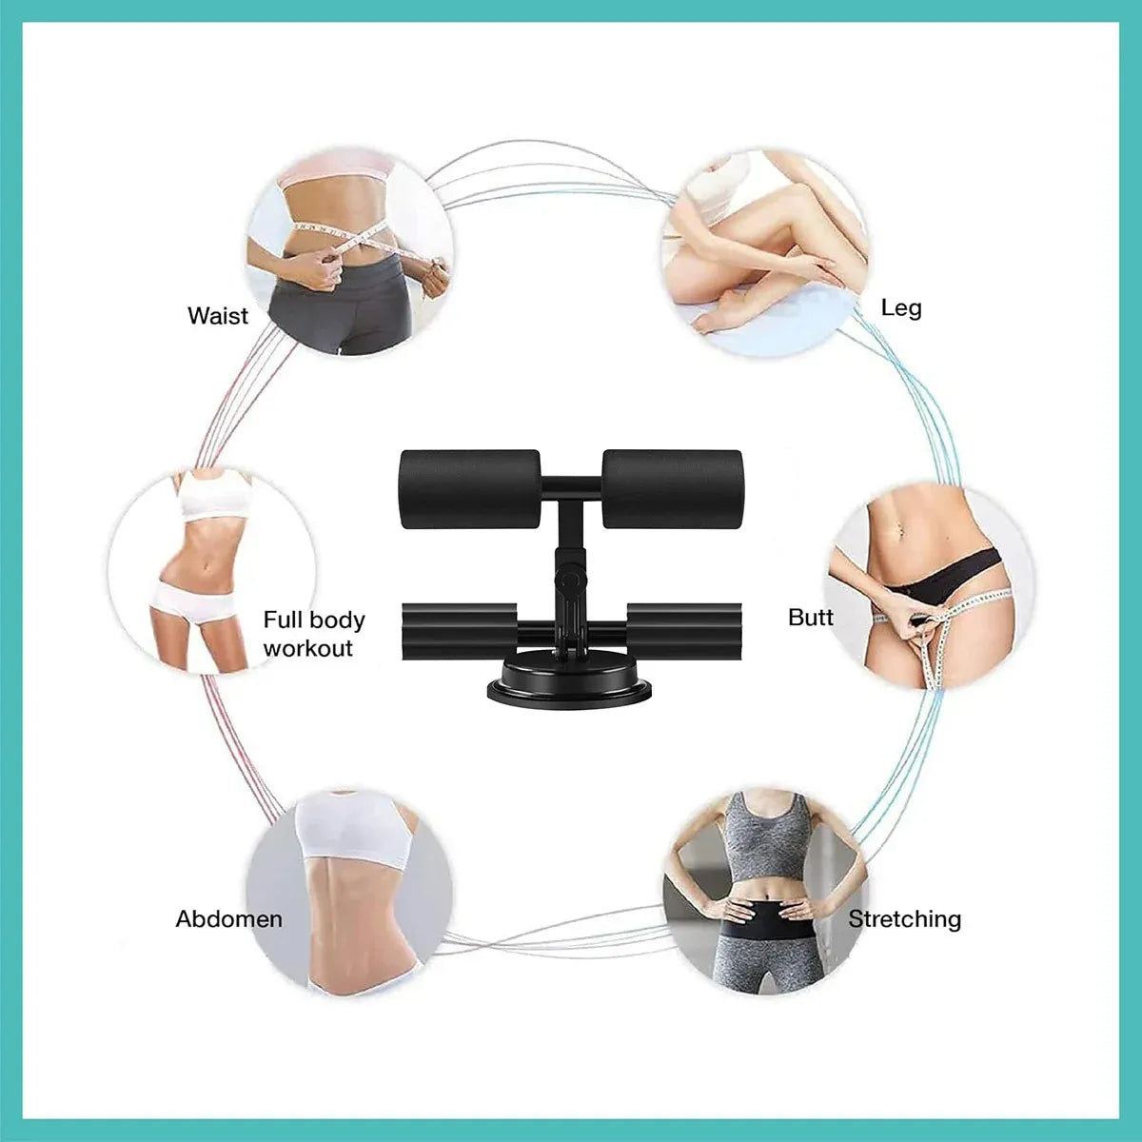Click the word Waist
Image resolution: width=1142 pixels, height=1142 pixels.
tap(218, 316)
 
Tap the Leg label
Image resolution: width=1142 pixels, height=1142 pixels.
tap(901, 309)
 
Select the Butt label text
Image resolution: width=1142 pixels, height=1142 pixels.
tap(810, 618)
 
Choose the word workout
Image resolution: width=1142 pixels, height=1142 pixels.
tap(307, 648)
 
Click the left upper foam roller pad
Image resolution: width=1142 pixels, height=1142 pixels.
tap(470, 489)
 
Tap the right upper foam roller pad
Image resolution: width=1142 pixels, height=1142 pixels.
tap(672, 489)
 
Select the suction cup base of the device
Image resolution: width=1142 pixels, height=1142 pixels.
tap(569, 682)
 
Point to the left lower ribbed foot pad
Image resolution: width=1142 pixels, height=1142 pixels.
tap(459, 631)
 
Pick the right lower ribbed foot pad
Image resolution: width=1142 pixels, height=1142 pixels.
tap(684, 631)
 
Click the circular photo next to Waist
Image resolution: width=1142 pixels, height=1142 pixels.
tap(349, 251)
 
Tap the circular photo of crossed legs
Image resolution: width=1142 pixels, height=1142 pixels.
tap(765, 252)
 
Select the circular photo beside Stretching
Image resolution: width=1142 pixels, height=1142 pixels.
tap(765, 892)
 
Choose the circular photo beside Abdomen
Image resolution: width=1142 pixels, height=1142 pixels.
tap(349, 892)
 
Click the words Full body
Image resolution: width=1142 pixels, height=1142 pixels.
tap(314, 620)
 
